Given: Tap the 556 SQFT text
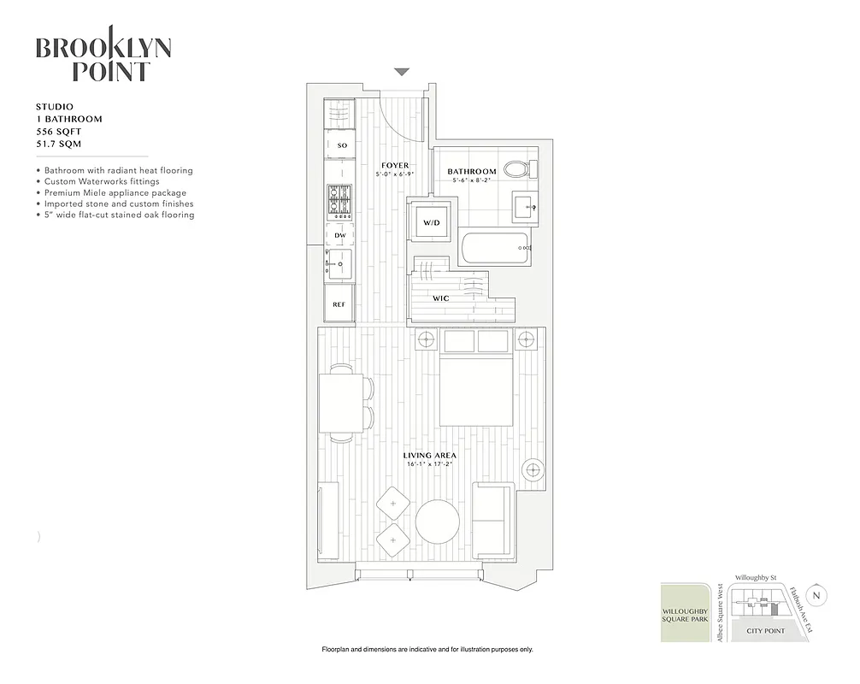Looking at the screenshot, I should click(60, 133).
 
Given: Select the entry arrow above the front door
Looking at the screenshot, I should click(402, 73).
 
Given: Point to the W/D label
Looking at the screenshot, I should click(430, 223).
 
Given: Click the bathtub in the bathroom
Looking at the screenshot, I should click(496, 249).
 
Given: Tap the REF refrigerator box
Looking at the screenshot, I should click(339, 304).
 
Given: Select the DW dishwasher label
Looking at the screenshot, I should click(339, 234).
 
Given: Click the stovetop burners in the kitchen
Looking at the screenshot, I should click(339, 202).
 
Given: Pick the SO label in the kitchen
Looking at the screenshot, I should click(341, 145).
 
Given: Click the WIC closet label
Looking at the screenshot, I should click(442, 298).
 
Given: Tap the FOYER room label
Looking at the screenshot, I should click(395, 165).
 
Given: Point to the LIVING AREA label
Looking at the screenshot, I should click(429, 456).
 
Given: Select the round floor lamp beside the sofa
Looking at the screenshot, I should click(533, 469).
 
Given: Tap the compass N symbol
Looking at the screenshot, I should click(818, 596).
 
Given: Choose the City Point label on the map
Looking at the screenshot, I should click(765, 631).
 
